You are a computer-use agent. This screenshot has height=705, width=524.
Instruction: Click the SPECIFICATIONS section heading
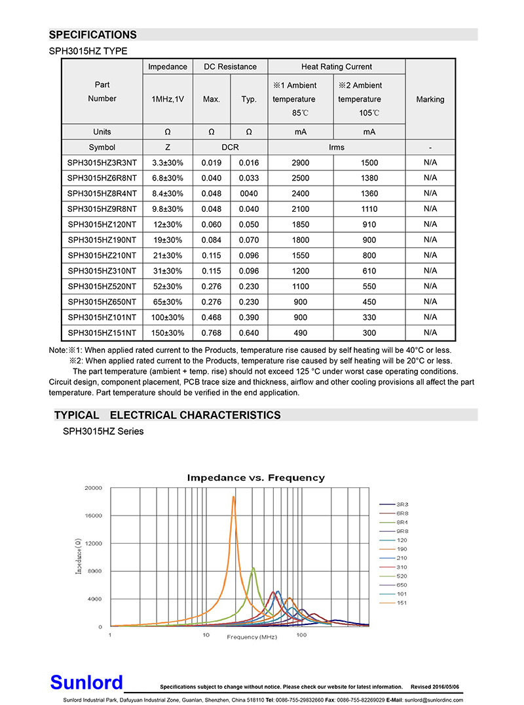[93, 35]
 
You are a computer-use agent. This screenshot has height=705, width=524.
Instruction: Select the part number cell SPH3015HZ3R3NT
[102, 162]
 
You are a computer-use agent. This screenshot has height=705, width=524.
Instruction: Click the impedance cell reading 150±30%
[168, 332]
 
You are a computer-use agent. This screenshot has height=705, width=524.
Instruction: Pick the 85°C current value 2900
[301, 162]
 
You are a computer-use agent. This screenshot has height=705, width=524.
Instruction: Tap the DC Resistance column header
[231, 67]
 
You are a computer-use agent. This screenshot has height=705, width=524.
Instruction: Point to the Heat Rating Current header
[337, 67]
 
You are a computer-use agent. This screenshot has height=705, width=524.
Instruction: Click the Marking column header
[430, 100]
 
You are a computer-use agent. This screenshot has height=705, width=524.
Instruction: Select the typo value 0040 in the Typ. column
[249, 193]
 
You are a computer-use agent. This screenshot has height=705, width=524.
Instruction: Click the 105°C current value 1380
[369, 178]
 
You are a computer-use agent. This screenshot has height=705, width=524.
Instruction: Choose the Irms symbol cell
[337, 148]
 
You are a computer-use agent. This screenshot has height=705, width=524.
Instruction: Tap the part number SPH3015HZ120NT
[102, 224]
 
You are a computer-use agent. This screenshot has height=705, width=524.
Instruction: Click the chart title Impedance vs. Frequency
[255, 477]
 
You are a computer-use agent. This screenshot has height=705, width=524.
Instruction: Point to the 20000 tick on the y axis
[92, 488]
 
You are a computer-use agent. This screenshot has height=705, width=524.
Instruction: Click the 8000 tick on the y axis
[94, 571]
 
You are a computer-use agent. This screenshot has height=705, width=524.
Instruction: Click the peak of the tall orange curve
[233, 497]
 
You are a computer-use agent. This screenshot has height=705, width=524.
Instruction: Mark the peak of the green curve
[253, 568]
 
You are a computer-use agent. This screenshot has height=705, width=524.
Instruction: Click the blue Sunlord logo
[86, 683]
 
